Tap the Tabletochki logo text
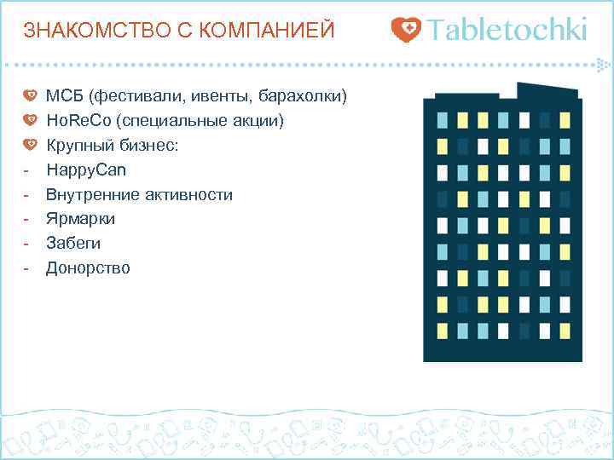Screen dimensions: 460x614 508,30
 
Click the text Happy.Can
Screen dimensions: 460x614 85,170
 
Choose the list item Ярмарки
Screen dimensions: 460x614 80,219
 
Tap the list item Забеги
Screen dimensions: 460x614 73,244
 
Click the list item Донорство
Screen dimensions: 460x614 88,268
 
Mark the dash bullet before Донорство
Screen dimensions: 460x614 27,268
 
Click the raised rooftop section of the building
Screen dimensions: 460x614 549,92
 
